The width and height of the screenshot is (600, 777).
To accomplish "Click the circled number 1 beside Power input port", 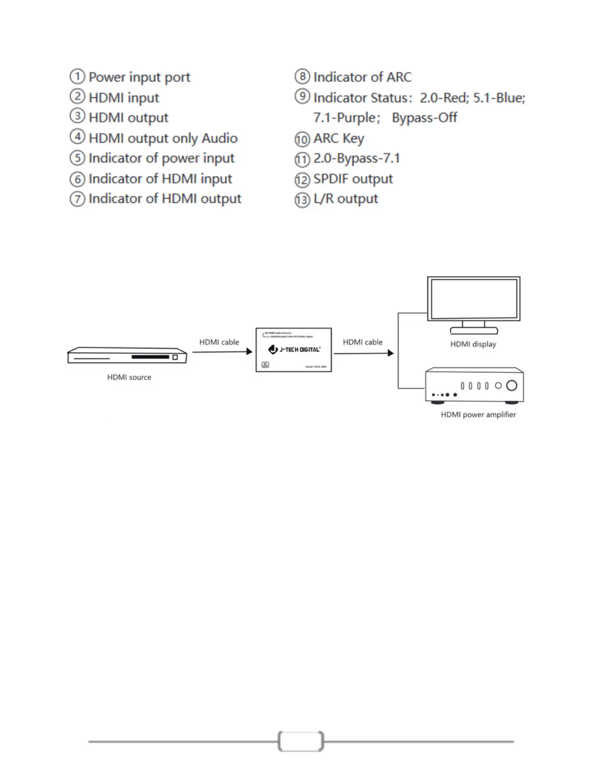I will [77, 77].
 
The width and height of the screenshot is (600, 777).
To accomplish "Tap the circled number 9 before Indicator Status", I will [302, 96].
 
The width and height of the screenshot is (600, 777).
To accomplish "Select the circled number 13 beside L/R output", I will [302, 200].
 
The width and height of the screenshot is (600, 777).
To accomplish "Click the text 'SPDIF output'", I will [353, 179].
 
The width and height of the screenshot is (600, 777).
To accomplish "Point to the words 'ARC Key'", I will [339, 139].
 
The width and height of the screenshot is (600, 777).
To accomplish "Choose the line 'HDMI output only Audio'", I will [163, 138].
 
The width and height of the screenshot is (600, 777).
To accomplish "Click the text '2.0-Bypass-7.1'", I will [356, 158].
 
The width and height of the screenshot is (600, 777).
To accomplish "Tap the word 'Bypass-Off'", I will [425, 118].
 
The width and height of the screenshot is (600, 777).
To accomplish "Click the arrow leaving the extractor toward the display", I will [363, 353].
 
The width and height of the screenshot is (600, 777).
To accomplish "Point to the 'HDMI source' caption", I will [129, 377].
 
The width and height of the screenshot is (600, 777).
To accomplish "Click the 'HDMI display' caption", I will [473, 344].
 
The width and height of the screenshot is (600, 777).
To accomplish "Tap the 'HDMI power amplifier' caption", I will [478, 414].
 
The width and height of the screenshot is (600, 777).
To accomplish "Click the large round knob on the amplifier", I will [511, 386].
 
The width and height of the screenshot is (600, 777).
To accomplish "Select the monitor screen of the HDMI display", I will [474, 298].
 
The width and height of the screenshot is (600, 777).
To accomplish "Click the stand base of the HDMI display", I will [474, 331].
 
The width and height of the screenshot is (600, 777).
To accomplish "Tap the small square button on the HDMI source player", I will [175, 357].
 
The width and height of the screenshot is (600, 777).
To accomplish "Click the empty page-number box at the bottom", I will [300, 741].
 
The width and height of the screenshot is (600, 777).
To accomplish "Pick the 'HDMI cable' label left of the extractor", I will [219, 342].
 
